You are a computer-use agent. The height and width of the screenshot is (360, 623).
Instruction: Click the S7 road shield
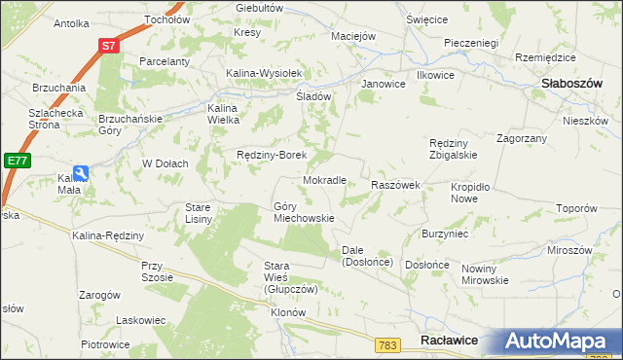(111, 45)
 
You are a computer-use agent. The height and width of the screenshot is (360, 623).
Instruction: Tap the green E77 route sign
(15, 161)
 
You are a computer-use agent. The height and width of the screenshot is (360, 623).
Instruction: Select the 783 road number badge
(388, 344)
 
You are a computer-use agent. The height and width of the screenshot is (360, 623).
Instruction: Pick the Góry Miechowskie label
(304, 212)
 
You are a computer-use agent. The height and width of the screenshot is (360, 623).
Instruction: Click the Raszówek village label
(395, 185)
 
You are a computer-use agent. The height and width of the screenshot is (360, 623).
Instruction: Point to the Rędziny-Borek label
(273, 155)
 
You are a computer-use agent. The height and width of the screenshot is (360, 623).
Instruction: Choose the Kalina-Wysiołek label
(266, 73)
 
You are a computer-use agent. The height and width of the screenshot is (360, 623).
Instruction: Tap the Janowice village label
(383, 84)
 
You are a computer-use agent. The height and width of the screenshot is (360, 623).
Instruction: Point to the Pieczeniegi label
(470, 43)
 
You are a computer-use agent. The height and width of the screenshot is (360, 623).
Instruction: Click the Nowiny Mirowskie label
(485, 274)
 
